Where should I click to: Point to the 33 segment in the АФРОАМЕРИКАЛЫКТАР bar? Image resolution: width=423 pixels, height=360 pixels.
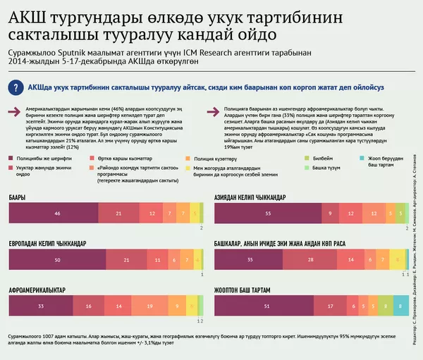click(x=41, y=306)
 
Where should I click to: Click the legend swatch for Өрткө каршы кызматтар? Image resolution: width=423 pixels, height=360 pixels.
click(x=92, y=160)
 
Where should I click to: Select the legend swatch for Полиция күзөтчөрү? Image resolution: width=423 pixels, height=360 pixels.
click(x=188, y=160)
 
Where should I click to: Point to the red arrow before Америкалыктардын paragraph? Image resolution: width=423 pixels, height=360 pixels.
click(x=13, y=111)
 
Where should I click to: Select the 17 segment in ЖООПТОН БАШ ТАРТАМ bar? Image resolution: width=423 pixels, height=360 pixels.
click(x=330, y=306)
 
